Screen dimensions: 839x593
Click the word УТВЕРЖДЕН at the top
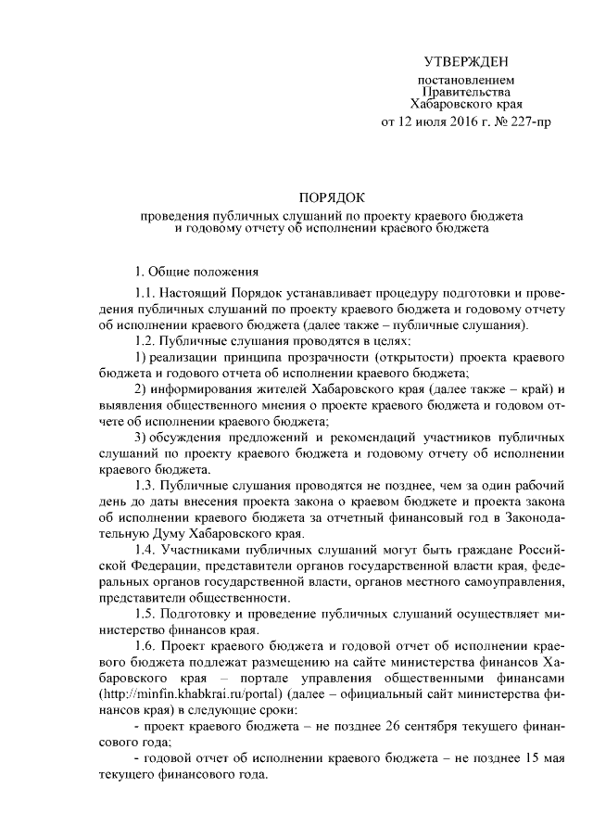pos(467,62)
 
